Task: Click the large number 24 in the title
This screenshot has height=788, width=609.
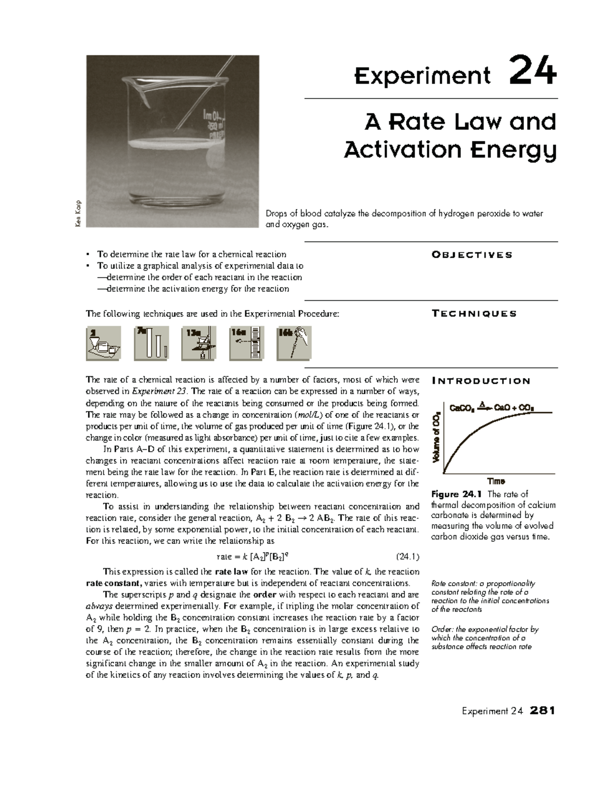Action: tap(532, 73)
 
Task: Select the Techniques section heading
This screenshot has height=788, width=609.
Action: tap(473, 314)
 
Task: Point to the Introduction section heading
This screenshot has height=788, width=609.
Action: tap(480, 381)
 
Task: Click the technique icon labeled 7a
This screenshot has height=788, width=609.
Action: tap(151, 343)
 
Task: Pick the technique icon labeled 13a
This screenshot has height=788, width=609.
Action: tap(198, 343)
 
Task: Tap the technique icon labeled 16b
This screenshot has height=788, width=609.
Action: tap(293, 343)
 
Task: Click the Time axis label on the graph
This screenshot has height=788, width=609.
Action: tap(495, 481)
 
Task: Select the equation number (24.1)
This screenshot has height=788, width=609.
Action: tap(407, 557)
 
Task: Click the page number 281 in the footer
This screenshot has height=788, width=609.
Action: tap(542, 710)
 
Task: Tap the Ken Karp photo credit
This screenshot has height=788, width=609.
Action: tap(80, 215)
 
